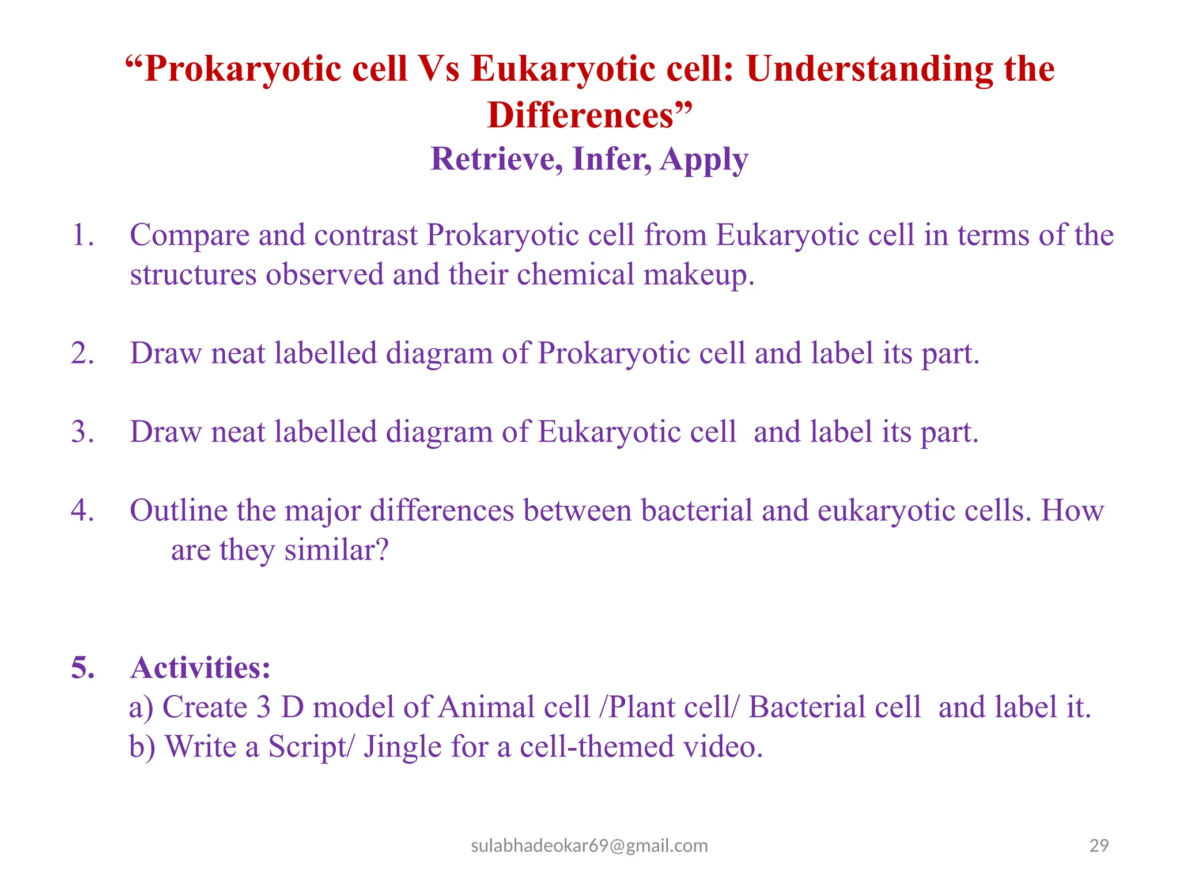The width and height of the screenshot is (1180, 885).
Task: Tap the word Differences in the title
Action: coord(581,115)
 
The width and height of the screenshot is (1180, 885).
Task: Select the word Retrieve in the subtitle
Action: coord(497,159)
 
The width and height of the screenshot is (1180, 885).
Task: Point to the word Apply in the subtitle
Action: coord(704,160)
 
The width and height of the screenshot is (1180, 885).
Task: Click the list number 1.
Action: coord(82,236)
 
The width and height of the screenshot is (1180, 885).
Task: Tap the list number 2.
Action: coord(82,353)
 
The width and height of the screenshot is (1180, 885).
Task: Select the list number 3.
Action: coord(82,432)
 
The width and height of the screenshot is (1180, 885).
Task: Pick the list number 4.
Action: coord(82,510)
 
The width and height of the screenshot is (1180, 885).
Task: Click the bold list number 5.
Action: coord(83,668)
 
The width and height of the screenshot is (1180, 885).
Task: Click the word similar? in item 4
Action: coord(336,550)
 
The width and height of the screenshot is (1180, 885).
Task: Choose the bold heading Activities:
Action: coord(201,668)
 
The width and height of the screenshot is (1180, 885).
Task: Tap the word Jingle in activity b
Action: coord(402,747)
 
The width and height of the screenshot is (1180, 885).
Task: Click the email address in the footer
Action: coord(589,846)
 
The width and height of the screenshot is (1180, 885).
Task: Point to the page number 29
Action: coord(1099,846)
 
